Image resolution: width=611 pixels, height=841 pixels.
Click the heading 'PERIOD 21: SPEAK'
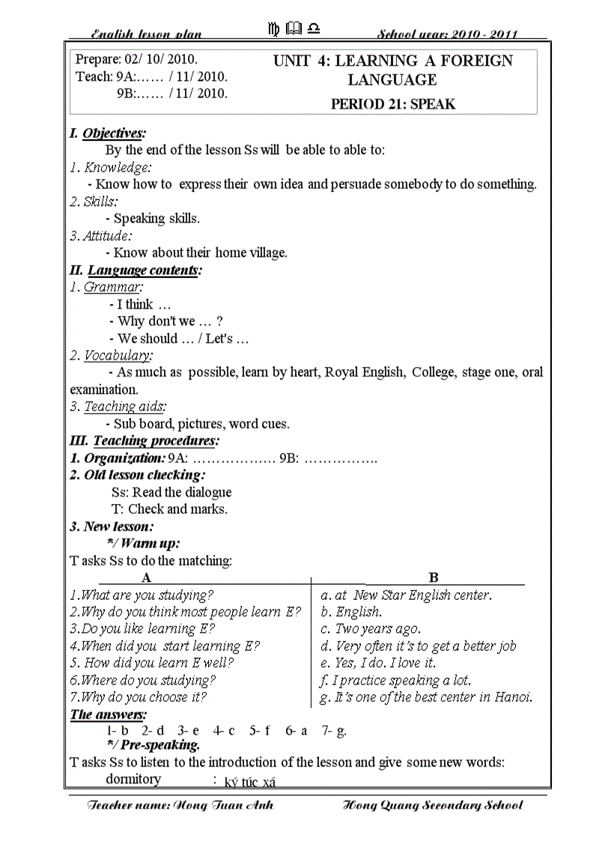click(x=392, y=104)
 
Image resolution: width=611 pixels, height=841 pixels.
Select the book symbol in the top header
click(x=294, y=29)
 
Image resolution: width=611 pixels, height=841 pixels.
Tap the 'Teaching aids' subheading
click(x=120, y=407)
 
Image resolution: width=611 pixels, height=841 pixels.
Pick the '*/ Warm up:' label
click(x=144, y=544)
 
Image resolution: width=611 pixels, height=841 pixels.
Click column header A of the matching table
click(x=147, y=577)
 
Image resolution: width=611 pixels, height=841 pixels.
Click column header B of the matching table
click(x=434, y=577)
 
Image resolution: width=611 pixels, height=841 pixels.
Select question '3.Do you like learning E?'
click(x=142, y=629)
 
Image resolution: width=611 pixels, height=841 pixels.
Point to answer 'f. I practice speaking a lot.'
click(x=395, y=680)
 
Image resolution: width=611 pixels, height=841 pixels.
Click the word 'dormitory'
click(x=133, y=780)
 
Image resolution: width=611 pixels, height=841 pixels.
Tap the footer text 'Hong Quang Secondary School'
click(x=432, y=806)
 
